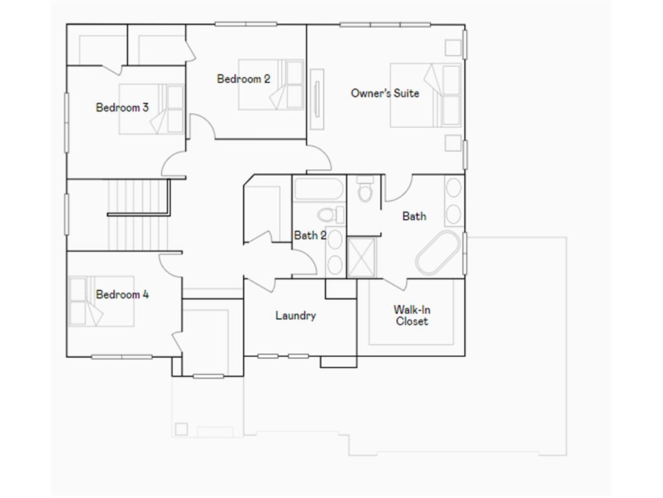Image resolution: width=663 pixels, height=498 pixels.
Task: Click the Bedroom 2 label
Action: (243, 79)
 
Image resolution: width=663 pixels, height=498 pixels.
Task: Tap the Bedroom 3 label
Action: (122, 108)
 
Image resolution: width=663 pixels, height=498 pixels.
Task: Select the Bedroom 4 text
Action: (122, 294)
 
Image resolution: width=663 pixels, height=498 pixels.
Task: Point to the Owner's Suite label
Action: (385, 93)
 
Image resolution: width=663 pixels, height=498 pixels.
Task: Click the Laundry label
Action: (295, 316)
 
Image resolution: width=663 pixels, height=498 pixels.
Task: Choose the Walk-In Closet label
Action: (412, 316)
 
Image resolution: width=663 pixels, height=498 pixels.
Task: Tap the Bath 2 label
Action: (309, 235)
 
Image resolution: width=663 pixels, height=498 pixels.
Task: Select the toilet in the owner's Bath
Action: (365, 189)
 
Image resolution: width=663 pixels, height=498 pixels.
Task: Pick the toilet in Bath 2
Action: (326, 215)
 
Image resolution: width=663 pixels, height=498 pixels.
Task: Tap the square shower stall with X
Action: (362, 257)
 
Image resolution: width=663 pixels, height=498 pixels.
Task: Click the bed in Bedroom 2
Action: (271, 85)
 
